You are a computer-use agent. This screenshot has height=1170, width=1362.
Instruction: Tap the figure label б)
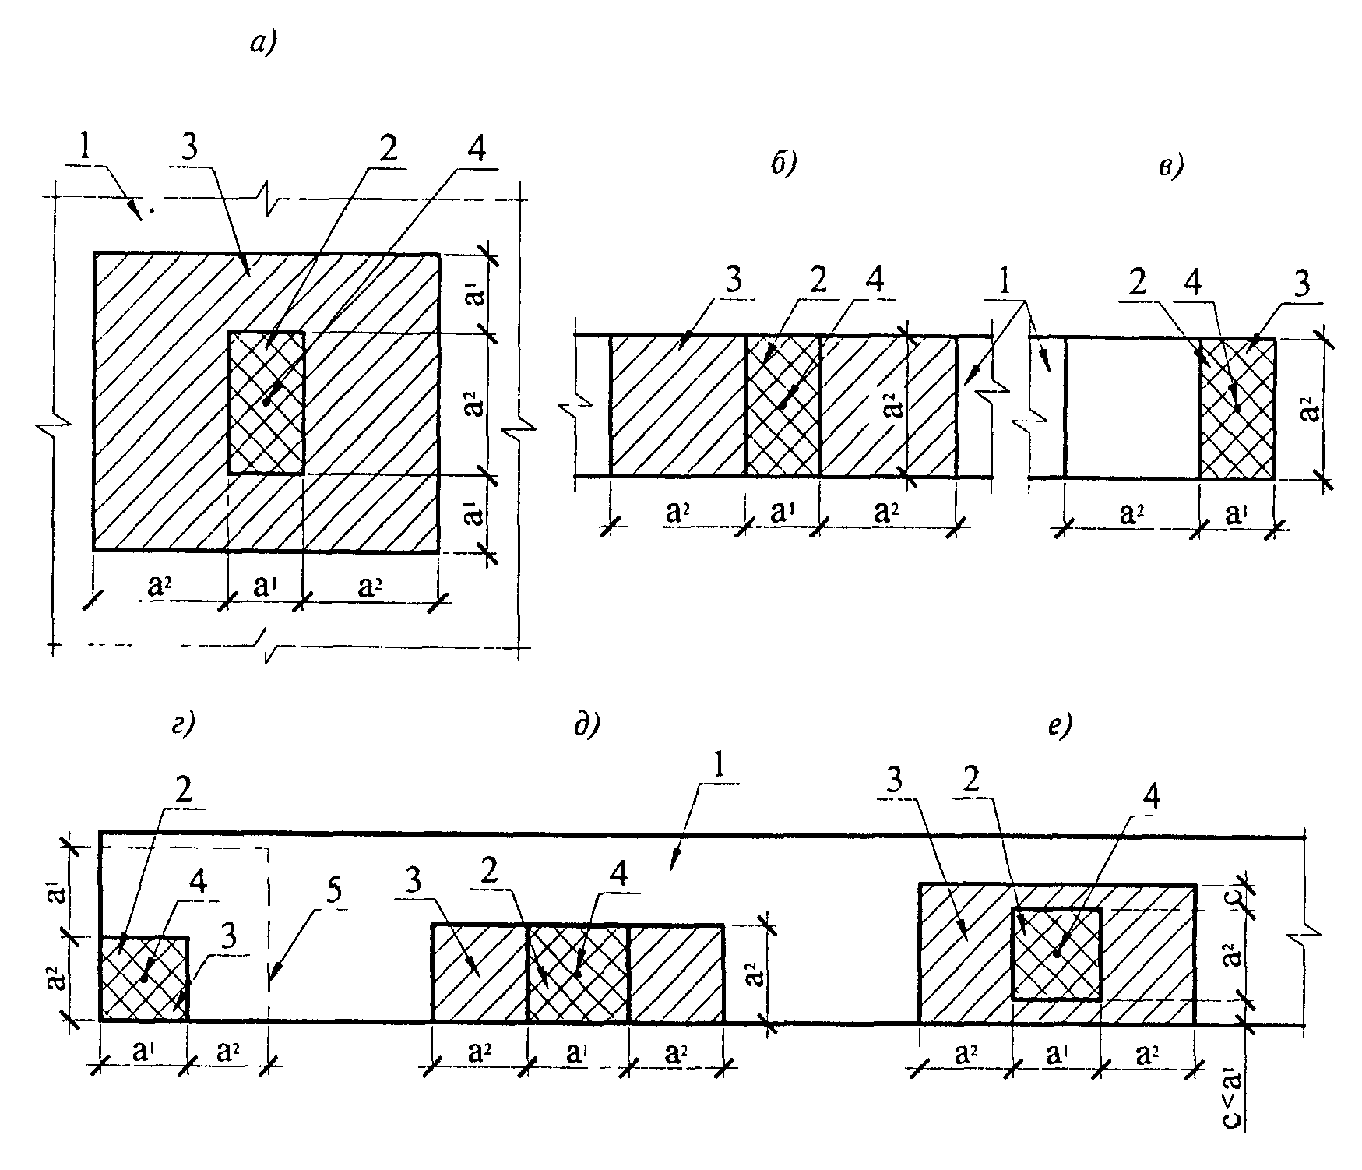click(x=783, y=166)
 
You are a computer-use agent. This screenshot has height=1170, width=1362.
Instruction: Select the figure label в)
click(x=1170, y=167)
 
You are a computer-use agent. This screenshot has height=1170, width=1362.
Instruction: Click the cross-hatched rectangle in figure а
click(x=266, y=403)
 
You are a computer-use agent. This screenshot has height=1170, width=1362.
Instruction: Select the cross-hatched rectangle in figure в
click(x=1237, y=407)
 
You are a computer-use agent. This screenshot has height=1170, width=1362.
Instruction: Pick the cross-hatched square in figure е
click(x=1056, y=953)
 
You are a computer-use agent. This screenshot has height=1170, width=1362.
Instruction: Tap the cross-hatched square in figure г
click(x=144, y=978)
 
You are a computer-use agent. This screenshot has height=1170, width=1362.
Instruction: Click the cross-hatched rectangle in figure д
click(x=577, y=973)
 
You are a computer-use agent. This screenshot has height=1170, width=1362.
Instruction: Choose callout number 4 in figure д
click(x=619, y=876)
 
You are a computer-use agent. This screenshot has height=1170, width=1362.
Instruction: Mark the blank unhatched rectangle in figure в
click(x=1131, y=407)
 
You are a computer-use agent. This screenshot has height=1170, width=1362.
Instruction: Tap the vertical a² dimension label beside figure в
click(x=1310, y=407)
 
